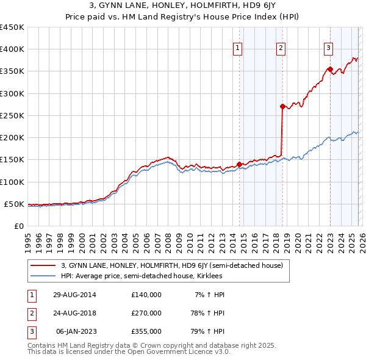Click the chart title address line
pos(182,6)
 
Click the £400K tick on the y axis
pos(12,49)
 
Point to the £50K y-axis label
pos(14,204)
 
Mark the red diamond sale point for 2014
pos(239,164)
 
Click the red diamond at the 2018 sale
pos(282,106)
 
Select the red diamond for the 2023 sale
pos(330,69)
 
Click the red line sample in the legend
pos(43,265)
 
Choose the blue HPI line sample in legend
pos(43,275)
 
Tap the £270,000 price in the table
pos(146,313)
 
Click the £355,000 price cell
pos(146,331)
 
